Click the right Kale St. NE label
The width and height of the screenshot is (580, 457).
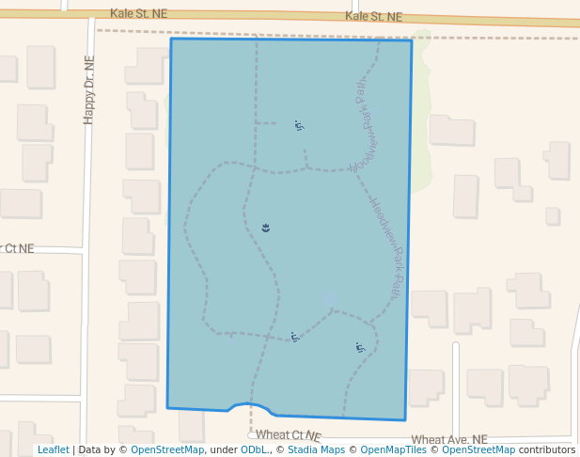point(373,17)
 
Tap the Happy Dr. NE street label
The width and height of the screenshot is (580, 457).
point(89,88)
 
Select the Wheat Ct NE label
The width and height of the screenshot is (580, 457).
point(288,435)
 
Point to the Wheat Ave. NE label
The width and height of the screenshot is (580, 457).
point(449,439)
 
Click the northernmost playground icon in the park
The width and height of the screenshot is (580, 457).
point(299,125)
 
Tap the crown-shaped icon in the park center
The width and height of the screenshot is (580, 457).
point(266,228)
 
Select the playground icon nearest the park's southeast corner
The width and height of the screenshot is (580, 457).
point(360,348)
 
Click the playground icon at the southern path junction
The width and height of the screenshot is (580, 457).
point(295,337)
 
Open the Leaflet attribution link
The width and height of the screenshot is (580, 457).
point(53,450)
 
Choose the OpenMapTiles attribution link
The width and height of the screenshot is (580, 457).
point(394,450)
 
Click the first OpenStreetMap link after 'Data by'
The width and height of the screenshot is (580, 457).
point(166,450)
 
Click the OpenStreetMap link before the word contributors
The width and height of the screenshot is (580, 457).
point(478,450)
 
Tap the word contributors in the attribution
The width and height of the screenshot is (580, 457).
point(546,450)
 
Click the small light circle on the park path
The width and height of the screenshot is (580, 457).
point(330,299)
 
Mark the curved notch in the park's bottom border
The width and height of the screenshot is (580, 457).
point(251,406)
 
